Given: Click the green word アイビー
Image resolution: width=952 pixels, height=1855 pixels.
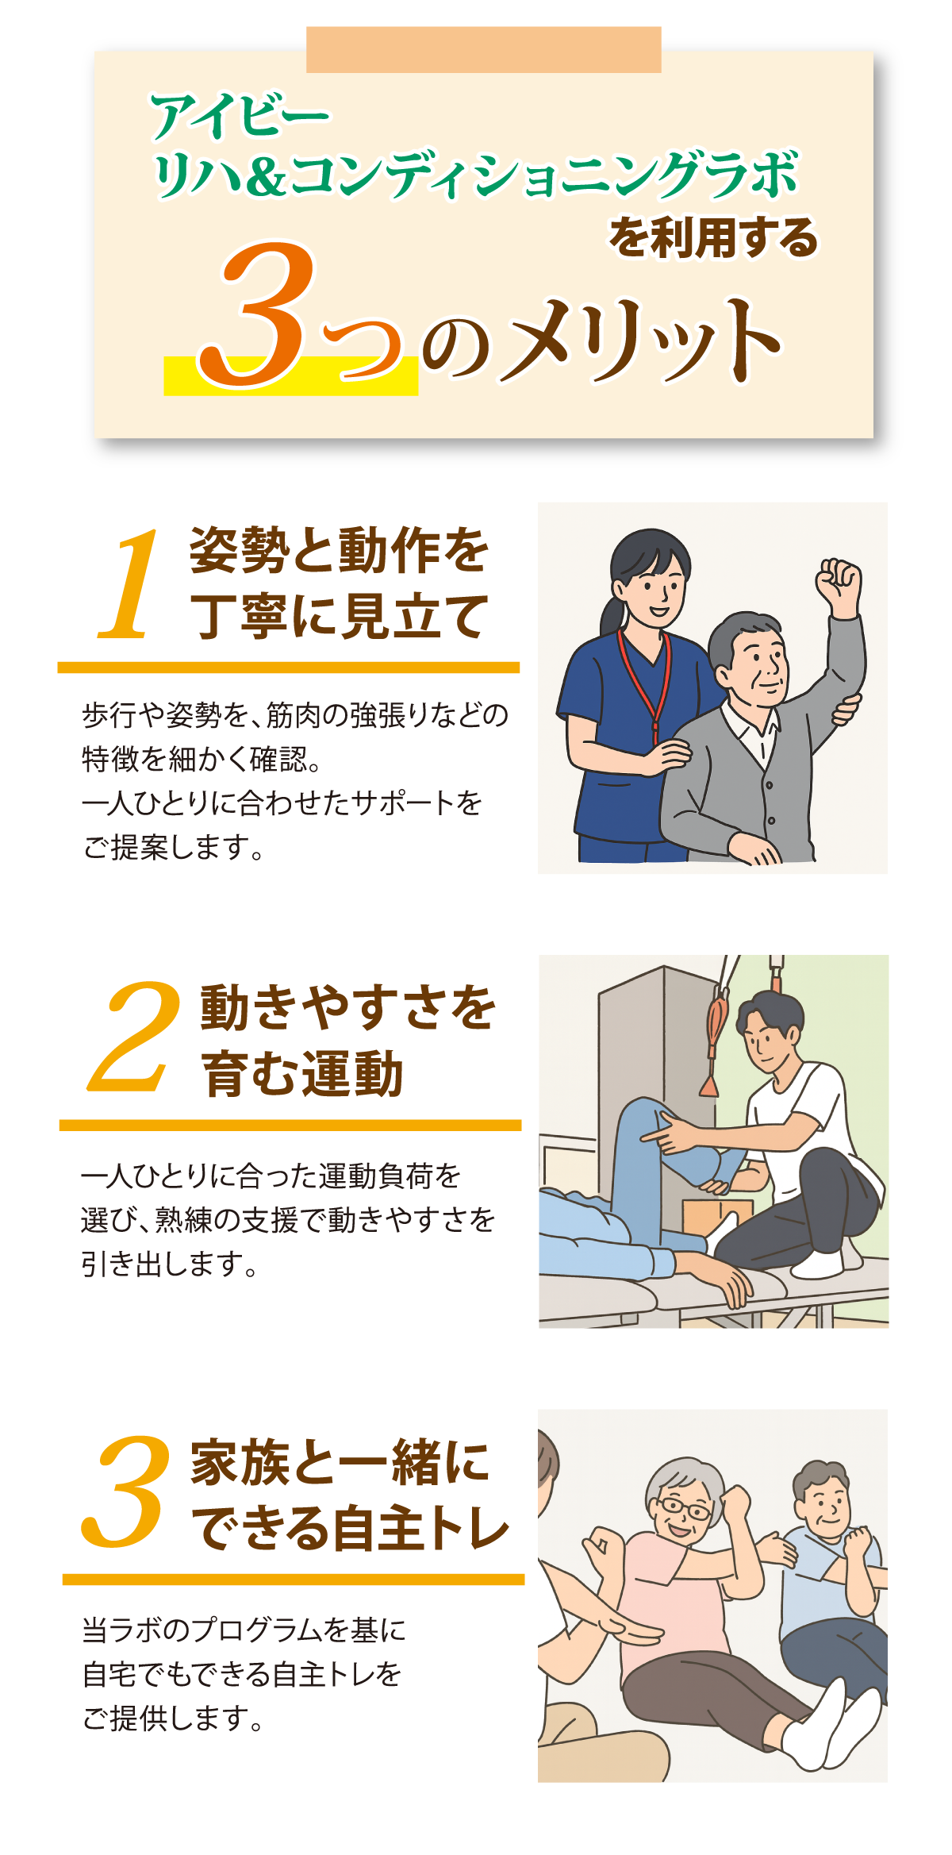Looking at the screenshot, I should click(240, 117).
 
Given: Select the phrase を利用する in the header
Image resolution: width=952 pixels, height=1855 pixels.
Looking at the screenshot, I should click(712, 237).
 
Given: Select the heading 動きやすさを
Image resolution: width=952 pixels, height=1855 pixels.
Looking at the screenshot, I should click(347, 1008).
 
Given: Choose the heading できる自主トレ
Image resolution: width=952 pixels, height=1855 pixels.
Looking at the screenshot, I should click(349, 1528).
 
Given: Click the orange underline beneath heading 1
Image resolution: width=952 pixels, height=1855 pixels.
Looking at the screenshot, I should click(288, 668).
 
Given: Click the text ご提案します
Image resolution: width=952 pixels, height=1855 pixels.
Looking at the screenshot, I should click(172, 848).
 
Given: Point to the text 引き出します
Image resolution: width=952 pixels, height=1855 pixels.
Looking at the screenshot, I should click(169, 1264).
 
